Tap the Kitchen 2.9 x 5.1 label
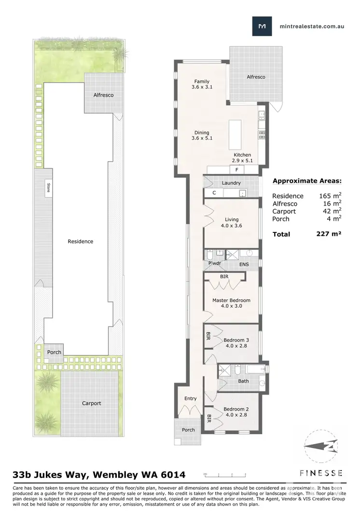coord(242,158)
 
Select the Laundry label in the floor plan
coord(231,183)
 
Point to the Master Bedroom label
coord(231,303)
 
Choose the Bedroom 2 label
coord(236,412)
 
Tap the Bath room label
coord(243,381)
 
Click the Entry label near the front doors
coord(191,399)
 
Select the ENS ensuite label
coord(244,265)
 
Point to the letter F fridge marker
coord(237,170)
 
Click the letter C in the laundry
coord(214,193)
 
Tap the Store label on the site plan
coord(48,187)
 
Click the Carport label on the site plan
coord(92,403)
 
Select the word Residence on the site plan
coord(80,242)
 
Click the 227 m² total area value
coord(328,234)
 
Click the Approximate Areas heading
coord(307,181)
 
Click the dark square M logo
coord(262,26)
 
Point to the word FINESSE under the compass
coord(321,473)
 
